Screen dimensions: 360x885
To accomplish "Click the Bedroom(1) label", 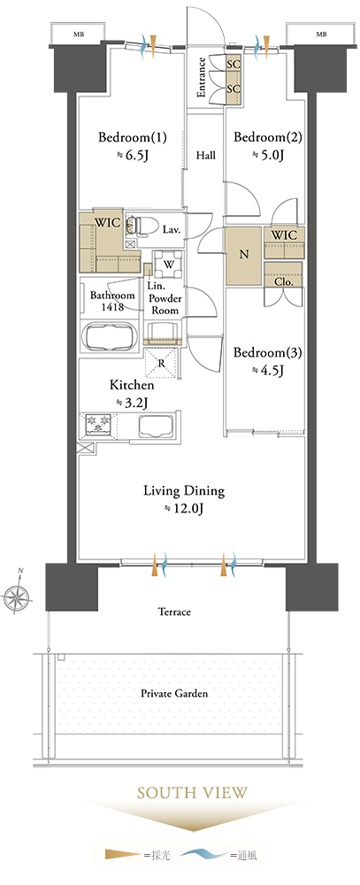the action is (x=133, y=137).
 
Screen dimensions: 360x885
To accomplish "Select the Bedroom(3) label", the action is (x=268, y=353).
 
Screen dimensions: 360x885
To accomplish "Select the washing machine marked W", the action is (x=169, y=264).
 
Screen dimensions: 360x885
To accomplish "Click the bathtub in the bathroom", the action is (x=110, y=338).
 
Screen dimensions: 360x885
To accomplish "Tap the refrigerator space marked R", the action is (x=162, y=362).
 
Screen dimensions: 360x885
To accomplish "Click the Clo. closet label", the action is (x=284, y=281).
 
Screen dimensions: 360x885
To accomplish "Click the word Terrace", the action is (x=174, y=612).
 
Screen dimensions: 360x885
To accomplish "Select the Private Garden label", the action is (x=174, y=693).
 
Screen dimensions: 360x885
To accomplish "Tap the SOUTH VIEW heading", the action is (x=193, y=792).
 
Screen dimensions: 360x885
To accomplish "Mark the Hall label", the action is (x=205, y=155).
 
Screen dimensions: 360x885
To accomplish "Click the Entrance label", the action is (x=201, y=78).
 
